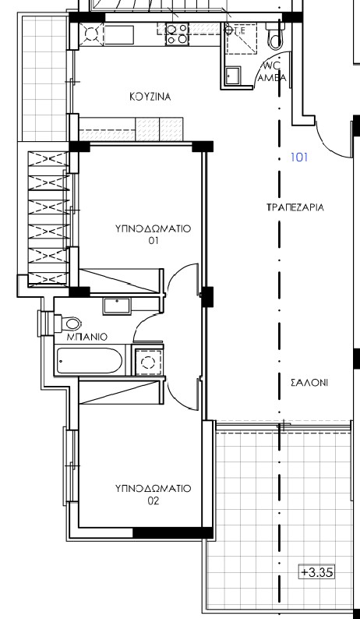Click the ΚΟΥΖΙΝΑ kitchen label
(150, 97)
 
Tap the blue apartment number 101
(299, 157)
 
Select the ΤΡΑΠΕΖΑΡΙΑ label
(295, 208)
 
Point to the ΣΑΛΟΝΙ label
(309, 383)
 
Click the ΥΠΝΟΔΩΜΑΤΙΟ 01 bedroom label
(153, 235)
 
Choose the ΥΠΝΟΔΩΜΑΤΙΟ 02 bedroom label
(153, 494)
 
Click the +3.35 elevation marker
(316, 571)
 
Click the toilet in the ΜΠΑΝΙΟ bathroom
(67, 322)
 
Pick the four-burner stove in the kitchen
(177, 34)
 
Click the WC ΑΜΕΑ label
(271, 72)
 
